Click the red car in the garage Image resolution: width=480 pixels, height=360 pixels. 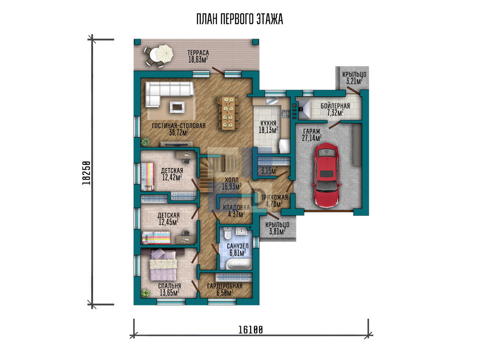pos(326,175)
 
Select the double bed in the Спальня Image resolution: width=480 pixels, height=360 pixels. pos(163,265)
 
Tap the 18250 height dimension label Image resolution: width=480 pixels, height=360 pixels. pos(86,173)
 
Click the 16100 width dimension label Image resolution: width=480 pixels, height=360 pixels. pos(250,330)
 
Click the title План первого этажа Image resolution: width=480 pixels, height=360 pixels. pos(240,19)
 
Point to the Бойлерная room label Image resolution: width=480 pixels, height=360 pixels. pos(335,106)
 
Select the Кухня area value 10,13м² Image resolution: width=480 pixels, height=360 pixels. pos(268,130)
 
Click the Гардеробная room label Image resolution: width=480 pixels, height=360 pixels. pos(225,286)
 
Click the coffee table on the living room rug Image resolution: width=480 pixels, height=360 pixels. pos(177,107)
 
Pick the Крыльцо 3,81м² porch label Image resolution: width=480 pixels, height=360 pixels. pos(277,228)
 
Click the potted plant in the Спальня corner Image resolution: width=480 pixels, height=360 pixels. pos(145,293)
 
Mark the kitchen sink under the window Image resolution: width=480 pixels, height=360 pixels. pos(272,101)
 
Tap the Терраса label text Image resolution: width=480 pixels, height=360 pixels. pos(198,53)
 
